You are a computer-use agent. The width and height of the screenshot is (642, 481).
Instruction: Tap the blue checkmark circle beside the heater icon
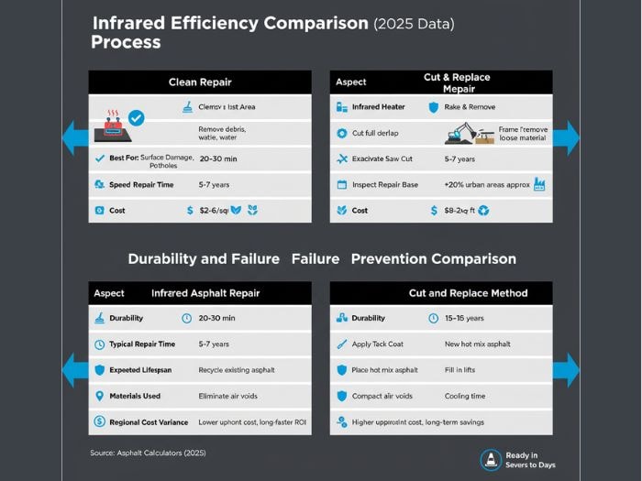[136, 117]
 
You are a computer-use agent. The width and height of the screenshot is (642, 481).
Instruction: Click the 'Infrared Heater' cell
[378, 107]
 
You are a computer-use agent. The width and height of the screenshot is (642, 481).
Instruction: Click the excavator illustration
[463, 134]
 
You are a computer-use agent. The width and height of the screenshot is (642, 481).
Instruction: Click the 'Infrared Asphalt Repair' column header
[205, 293]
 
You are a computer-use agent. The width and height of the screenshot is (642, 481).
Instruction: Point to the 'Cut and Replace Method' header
[468, 293]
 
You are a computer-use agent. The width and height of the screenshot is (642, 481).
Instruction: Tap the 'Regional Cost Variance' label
[149, 422]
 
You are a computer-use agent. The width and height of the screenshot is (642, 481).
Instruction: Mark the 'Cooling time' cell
[466, 396]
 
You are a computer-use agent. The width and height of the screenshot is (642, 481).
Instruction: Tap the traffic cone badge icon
[491, 459]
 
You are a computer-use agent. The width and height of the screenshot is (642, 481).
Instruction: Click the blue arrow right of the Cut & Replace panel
[567, 137]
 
